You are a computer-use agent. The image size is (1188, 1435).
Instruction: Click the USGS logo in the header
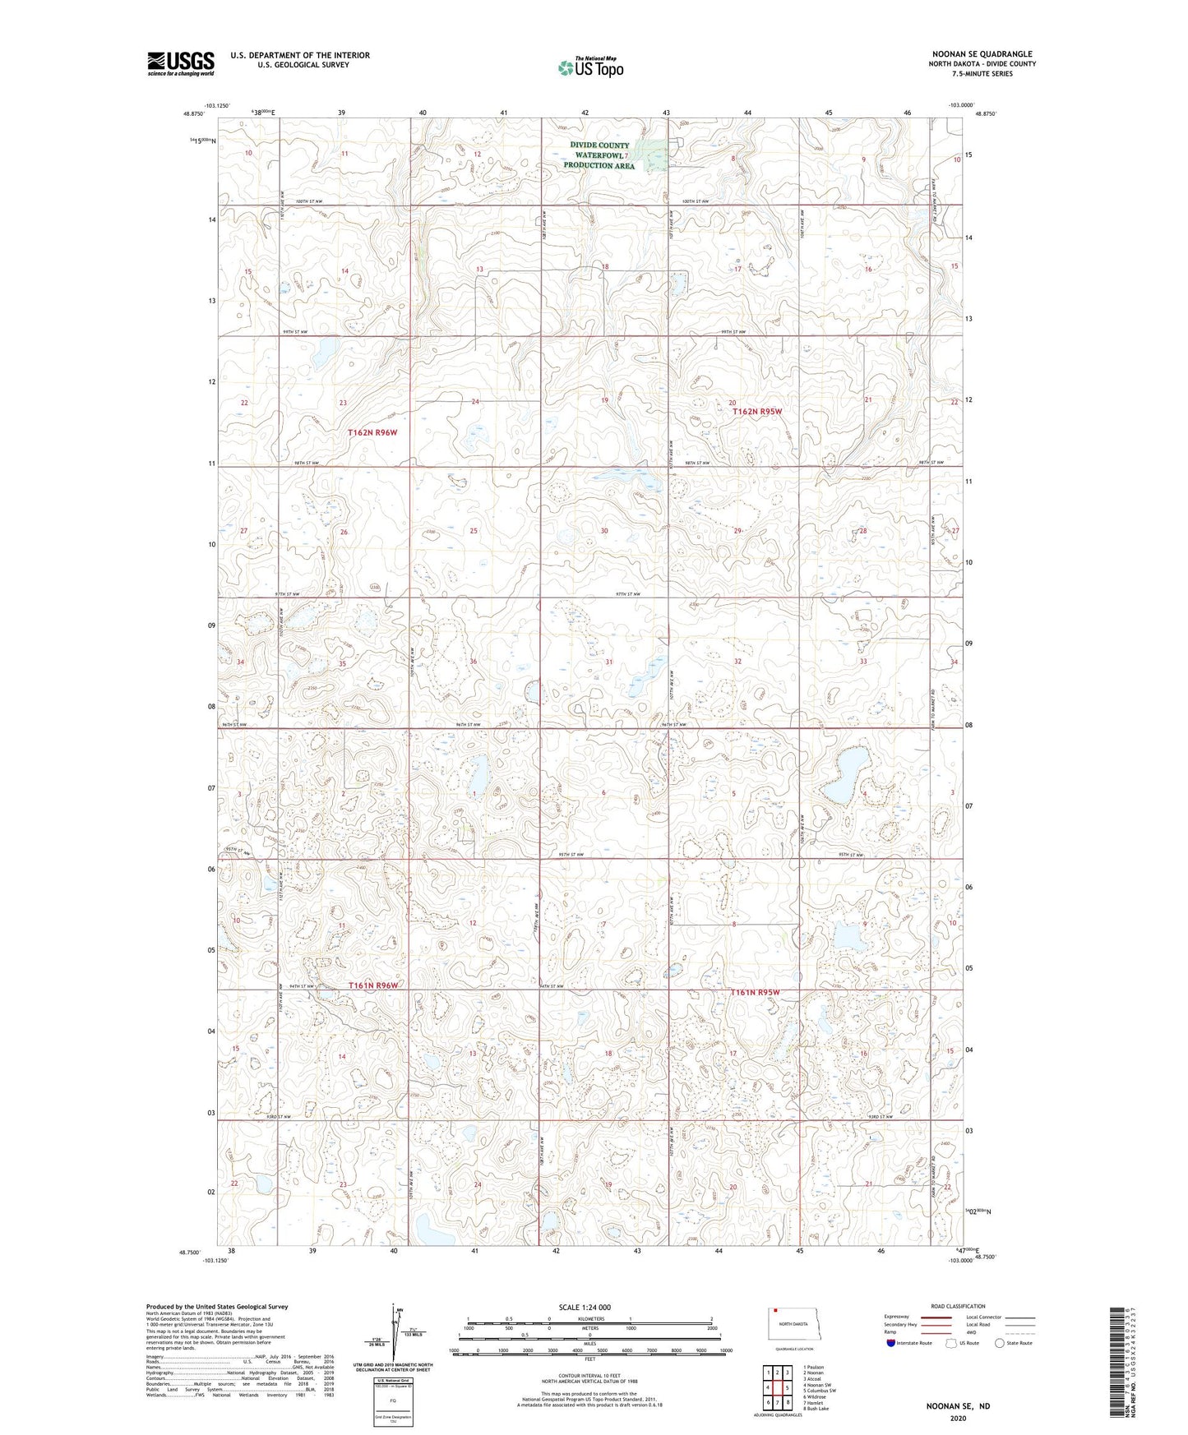coord(181,63)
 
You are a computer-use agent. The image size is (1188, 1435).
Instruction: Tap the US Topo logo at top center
coord(589,67)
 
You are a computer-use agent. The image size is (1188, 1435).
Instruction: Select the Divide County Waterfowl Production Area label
coord(599,155)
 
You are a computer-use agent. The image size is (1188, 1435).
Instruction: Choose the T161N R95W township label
coord(755,992)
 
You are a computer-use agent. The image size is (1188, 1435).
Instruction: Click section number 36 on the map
coord(473,662)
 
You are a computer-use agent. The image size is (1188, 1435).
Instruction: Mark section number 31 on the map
coord(608,662)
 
